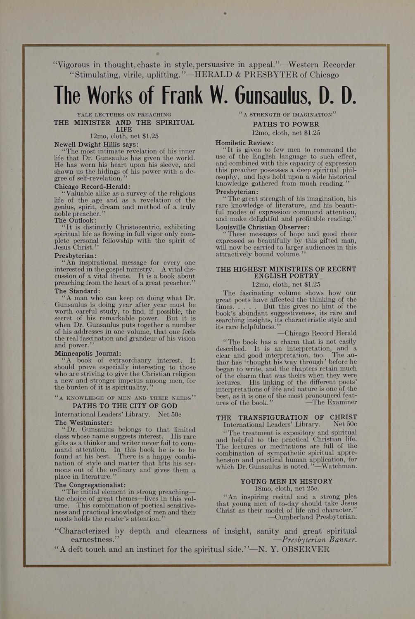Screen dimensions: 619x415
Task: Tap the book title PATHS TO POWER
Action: pyautogui.click(x=286, y=124)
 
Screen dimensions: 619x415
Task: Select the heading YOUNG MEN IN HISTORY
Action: pyautogui.click(x=287, y=481)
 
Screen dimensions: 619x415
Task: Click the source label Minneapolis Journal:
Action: pyautogui.click(x=88, y=353)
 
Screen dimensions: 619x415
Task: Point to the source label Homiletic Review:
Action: pyautogui.click(x=244, y=143)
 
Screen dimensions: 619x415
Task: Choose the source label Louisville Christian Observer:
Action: pyautogui.click(x=262, y=227)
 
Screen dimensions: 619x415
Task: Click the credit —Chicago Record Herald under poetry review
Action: pyautogui.click(x=317, y=333)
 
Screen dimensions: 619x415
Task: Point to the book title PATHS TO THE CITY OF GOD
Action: pyautogui.click(x=125, y=406)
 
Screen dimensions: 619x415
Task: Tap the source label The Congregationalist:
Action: pyautogui.click(x=90, y=485)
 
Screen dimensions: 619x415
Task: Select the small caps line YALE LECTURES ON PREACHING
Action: pyautogui.click(x=124, y=114)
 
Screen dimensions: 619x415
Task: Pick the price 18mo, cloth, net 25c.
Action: pyautogui.click(x=287, y=489)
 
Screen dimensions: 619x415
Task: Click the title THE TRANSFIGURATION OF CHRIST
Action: pyautogui.click(x=287, y=417)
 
